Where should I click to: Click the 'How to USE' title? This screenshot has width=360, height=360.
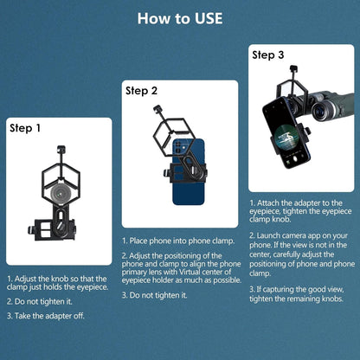[x=180, y=18]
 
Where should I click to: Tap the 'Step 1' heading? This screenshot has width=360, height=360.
[x=25, y=128]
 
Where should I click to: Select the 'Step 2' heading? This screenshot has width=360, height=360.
[x=141, y=91]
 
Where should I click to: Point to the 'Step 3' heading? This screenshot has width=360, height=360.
[x=268, y=55]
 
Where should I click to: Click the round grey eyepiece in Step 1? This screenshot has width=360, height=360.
[x=61, y=194]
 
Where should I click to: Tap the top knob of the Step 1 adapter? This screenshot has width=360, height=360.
[x=61, y=150]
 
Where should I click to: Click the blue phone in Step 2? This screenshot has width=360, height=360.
[x=189, y=172]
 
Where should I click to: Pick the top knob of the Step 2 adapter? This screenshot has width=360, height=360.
[x=157, y=110]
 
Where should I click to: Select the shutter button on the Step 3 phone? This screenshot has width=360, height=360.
[x=295, y=159]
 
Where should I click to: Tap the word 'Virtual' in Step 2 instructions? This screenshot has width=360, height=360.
[x=190, y=272]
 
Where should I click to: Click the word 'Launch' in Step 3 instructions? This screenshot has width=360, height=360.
[x=268, y=235]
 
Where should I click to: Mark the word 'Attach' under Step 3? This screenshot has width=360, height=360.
[x=268, y=203]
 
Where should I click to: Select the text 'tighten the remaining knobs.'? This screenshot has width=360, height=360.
[x=296, y=299]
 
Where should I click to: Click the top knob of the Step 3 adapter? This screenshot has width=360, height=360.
[x=293, y=69]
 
